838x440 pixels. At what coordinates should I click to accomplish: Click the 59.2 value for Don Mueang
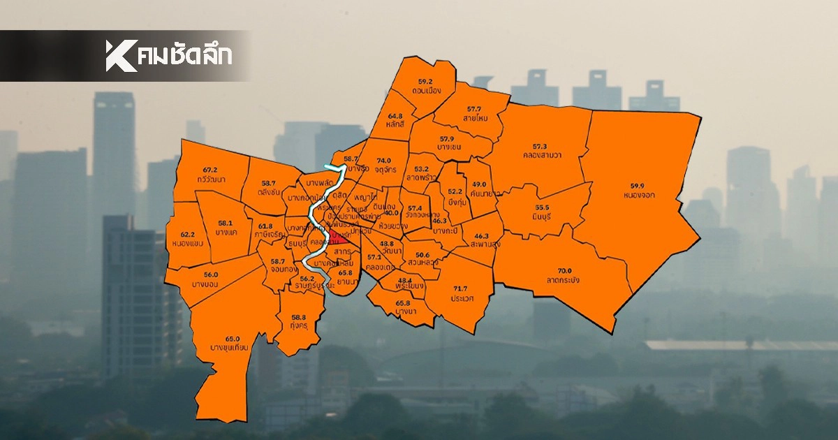tap(425, 82)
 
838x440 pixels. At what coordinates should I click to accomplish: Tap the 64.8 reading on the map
tap(395, 116)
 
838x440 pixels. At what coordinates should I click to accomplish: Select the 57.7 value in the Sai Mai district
tap(474, 109)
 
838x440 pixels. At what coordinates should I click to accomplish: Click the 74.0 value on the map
tap(383, 160)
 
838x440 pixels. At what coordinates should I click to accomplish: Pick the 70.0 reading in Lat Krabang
tap(564, 270)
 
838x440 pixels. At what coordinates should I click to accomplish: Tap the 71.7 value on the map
tap(460, 288)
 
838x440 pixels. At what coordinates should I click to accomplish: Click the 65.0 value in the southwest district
tap(233, 339)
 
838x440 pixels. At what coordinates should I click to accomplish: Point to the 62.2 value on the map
tap(187, 234)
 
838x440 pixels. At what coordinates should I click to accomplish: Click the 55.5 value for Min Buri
tap(543, 208)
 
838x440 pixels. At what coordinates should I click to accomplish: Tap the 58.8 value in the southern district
tap(299, 317)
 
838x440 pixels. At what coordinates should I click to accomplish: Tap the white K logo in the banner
tap(121, 56)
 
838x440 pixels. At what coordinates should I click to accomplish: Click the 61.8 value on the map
tap(265, 226)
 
